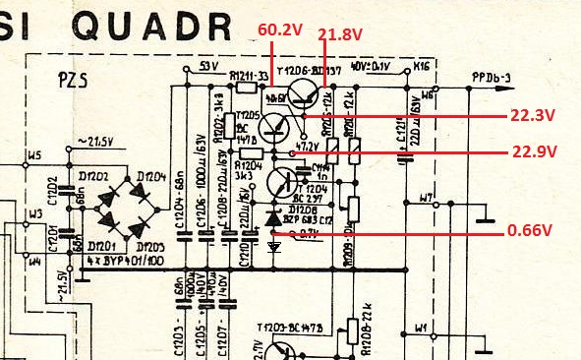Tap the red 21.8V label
(x=340, y=34)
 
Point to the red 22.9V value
(x=534, y=151)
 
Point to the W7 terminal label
(x=426, y=199)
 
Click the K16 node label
(x=421, y=68)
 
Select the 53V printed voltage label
(x=207, y=66)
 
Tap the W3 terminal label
(x=34, y=213)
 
